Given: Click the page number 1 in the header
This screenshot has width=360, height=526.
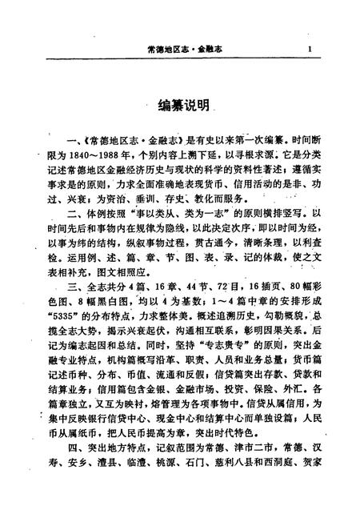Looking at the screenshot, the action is [308, 49].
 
